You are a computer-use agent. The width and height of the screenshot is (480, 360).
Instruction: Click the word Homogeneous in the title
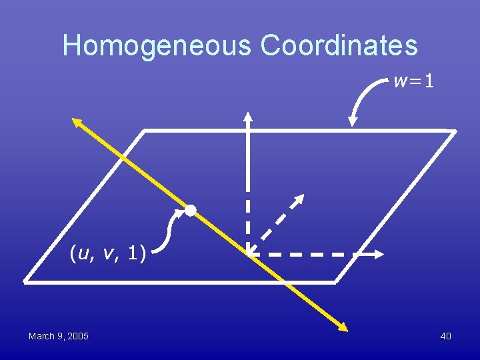click(x=157, y=45)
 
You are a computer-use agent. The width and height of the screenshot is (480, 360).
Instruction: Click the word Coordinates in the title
click(x=339, y=45)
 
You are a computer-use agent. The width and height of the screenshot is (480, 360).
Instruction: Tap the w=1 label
click(x=414, y=82)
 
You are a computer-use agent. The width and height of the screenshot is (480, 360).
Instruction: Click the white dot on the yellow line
click(x=191, y=210)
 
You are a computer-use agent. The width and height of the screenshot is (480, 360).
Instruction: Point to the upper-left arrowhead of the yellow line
click(x=76, y=121)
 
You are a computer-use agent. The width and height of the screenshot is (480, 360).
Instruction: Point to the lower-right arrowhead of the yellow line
click(x=344, y=328)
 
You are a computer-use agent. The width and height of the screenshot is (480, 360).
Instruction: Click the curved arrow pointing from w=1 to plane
click(x=363, y=100)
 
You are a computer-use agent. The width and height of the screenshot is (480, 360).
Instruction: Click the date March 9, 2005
click(x=59, y=336)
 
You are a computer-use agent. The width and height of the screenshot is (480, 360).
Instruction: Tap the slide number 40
click(x=445, y=336)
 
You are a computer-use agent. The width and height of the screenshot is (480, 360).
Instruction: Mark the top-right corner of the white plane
click(x=455, y=131)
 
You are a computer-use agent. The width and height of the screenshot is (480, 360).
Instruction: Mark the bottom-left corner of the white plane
click(x=25, y=281)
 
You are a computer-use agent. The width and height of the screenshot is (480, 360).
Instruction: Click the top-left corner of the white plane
click(x=145, y=131)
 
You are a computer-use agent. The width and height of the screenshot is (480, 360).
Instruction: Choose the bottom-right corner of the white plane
click(x=335, y=281)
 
